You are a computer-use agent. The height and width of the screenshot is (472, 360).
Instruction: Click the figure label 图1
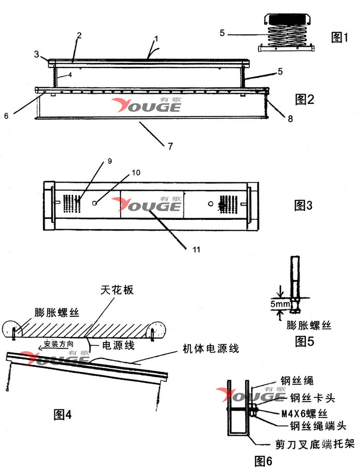pos(342,37)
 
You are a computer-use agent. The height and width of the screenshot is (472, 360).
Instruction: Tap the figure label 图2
pos(304,99)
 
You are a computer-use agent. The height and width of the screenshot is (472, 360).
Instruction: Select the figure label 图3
pos(303,206)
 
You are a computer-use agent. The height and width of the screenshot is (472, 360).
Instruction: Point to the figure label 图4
pos(63,414)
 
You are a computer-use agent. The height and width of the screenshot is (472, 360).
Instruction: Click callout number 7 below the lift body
pos(170,147)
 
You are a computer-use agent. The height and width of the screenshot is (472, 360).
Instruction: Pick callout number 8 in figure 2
pos(290,119)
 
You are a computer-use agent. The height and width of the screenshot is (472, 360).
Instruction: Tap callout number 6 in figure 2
pos(6,116)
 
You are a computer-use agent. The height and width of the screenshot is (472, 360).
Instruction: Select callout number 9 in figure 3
pos(110,161)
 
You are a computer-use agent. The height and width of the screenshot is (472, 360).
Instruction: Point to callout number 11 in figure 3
pos(196,249)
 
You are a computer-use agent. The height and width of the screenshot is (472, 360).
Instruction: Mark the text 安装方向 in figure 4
pos(58,344)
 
